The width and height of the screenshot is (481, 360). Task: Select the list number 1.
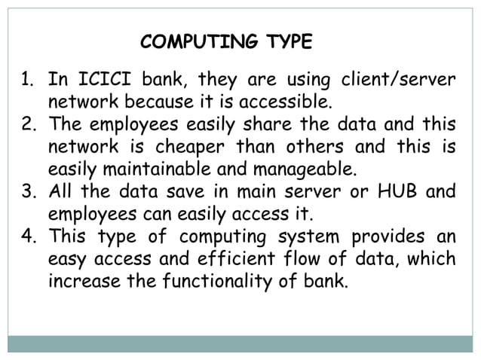pyautogui.click(x=26, y=78)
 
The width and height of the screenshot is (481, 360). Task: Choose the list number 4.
pyautogui.click(x=26, y=236)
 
